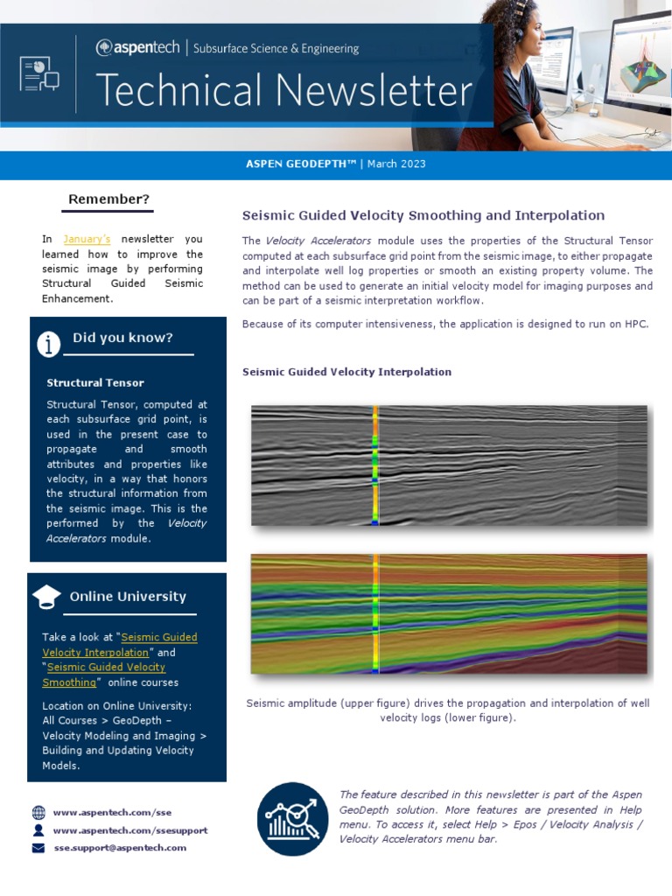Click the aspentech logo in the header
pos(138,48)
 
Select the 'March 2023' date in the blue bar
pos(396,164)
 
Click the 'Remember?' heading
pos(109,199)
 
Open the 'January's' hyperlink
pos(87,239)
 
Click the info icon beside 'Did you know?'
pos(49,344)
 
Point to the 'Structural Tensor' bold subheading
pos(95,382)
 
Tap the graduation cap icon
pos(46,598)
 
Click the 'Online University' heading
pos(128,597)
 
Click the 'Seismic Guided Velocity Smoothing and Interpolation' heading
pos(423,215)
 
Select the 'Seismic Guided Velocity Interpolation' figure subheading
pos(346,372)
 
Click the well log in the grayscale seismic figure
pos(374,465)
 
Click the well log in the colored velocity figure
pos(375,612)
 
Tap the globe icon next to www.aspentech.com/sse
pos(38,812)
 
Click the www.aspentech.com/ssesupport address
pos(130,829)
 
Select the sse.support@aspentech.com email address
pos(120,847)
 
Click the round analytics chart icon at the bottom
pos(293,819)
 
